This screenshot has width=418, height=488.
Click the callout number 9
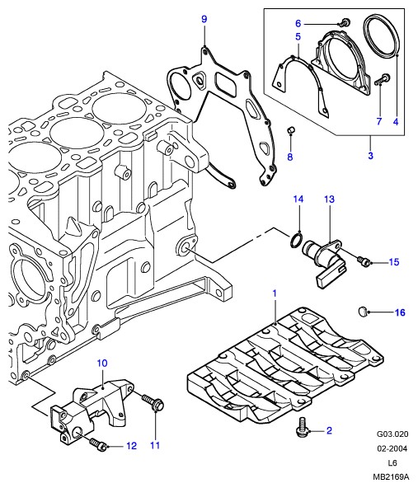pyautogui.click(x=204, y=19)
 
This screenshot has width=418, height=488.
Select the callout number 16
pyautogui.click(x=400, y=312)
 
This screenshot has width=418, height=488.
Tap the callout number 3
pyautogui.click(x=370, y=155)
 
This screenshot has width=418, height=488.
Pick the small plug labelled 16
pyautogui.click(x=362, y=311)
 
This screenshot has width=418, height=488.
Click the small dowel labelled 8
pyautogui.click(x=290, y=130)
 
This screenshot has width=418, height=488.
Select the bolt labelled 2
pyautogui.click(x=300, y=427)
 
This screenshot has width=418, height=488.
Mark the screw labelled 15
pyautogui.click(x=364, y=260)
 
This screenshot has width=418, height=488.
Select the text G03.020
pyautogui.click(x=392, y=434)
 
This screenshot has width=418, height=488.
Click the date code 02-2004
pyautogui.click(x=392, y=448)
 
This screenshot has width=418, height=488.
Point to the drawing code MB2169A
pyautogui.click(x=391, y=476)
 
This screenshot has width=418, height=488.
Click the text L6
pyautogui.click(x=392, y=462)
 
